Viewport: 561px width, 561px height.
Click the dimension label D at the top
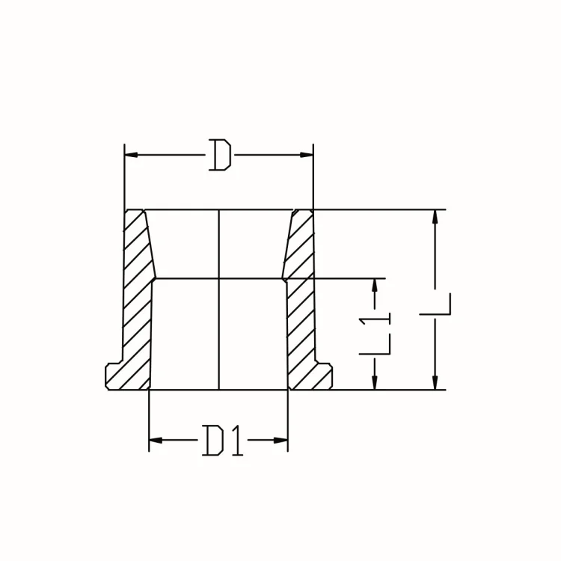(x=218, y=156)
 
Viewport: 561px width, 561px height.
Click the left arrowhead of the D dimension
(x=131, y=155)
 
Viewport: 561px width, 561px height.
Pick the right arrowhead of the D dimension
(x=306, y=155)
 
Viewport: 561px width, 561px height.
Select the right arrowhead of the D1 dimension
(x=282, y=439)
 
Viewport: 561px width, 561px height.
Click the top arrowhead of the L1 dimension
(x=375, y=286)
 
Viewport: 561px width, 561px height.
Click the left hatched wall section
(x=138, y=299)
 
